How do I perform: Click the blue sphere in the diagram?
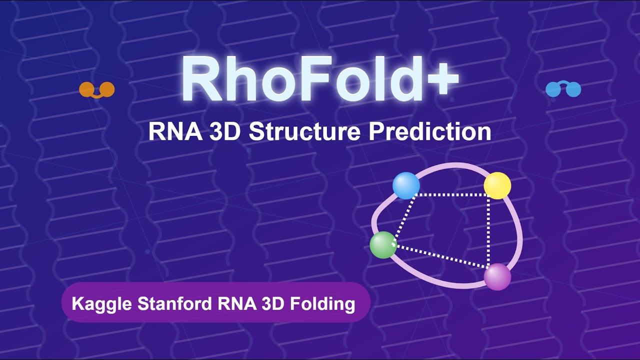[405, 185]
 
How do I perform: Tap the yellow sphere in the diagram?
[497, 185]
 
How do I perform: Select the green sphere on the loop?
[383, 245]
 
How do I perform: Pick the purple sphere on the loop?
[497, 276]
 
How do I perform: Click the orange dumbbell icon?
[97, 89]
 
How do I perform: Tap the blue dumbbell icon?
[563, 89]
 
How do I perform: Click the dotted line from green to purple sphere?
[440, 256]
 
